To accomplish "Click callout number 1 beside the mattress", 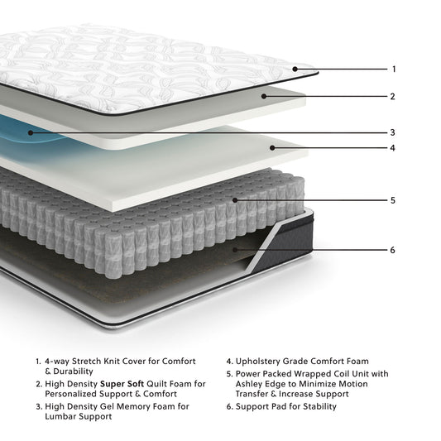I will tap(394, 70).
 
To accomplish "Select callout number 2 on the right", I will tap(394, 97).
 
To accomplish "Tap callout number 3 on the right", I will tap(394, 132).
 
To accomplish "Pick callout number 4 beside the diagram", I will tap(394, 149).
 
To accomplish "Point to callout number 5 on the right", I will tap(394, 200).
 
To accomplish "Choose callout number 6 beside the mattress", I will tap(394, 250).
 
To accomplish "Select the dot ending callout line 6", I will tap(237, 249).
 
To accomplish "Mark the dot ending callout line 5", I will tap(237, 199).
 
